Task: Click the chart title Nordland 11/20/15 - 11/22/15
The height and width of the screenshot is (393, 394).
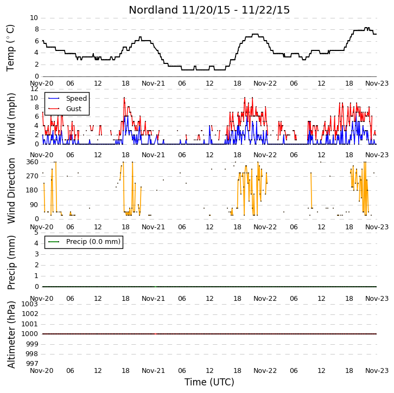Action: [x=209, y=10]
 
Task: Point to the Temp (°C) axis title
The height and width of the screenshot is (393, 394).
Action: [x=10, y=48]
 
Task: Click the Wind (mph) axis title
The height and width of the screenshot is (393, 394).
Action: [x=11, y=119]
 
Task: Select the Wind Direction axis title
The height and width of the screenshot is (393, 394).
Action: [x=11, y=190]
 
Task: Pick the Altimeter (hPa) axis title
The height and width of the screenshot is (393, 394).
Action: [x=11, y=335]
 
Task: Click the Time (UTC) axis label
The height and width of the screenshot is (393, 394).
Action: [x=209, y=382]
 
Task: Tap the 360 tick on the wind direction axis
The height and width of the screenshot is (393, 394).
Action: [x=33, y=162]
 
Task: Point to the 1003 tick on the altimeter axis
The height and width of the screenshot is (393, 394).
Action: [x=30, y=304]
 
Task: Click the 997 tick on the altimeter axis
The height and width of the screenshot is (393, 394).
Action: [x=32, y=363]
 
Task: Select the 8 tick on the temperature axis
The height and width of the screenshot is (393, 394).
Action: [x=37, y=29]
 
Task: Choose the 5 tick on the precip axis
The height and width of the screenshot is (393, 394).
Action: [x=37, y=233]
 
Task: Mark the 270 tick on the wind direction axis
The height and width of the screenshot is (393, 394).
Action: [x=33, y=176]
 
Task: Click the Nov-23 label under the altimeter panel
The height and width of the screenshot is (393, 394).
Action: [x=377, y=371]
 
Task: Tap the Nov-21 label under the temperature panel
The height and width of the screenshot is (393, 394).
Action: [x=153, y=83]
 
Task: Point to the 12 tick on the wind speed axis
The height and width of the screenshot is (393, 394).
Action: [x=34, y=89]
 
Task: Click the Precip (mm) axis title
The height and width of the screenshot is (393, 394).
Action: [x=11, y=262]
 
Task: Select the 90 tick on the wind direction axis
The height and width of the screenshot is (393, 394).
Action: [x=34, y=205]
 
